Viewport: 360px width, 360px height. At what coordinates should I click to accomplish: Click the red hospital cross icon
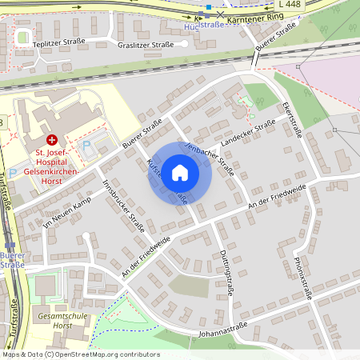[52, 138]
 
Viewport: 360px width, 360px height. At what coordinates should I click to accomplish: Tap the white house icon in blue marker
[180, 173]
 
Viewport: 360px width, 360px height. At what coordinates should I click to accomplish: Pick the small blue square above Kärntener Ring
[208, 7]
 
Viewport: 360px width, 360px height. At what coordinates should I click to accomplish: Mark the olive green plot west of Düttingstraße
[189, 286]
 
